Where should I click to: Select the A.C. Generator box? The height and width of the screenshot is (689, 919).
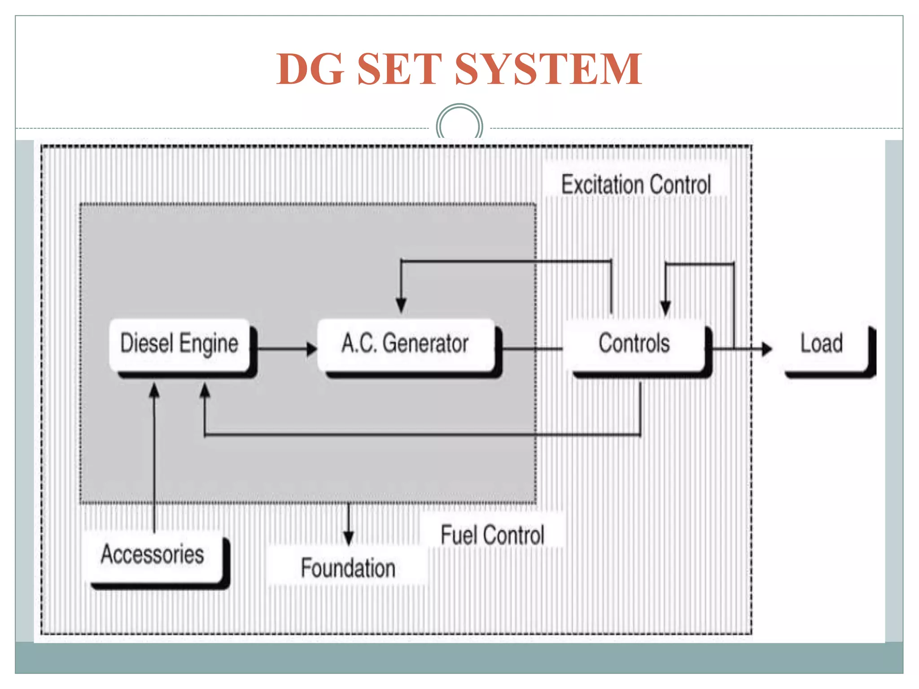[x=406, y=344]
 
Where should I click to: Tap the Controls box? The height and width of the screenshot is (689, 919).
[x=635, y=344]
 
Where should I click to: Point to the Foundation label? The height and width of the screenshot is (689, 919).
[x=348, y=568]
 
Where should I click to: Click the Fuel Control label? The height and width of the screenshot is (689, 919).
[x=492, y=535]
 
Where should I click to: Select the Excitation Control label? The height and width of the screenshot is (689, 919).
[x=636, y=185]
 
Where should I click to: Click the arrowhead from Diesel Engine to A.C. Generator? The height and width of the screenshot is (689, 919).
[x=311, y=349]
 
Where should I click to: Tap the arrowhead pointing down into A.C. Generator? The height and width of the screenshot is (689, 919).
[x=401, y=305]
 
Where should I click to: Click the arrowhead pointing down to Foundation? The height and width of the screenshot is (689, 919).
[x=349, y=538]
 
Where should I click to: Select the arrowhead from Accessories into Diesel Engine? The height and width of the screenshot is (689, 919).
[x=154, y=391]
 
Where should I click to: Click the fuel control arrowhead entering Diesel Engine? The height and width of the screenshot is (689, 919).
[x=205, y=391]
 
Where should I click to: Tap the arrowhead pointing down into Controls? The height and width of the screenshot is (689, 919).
[x=665, y=308]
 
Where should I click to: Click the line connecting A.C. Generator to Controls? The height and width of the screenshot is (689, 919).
[x=532, y=348]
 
